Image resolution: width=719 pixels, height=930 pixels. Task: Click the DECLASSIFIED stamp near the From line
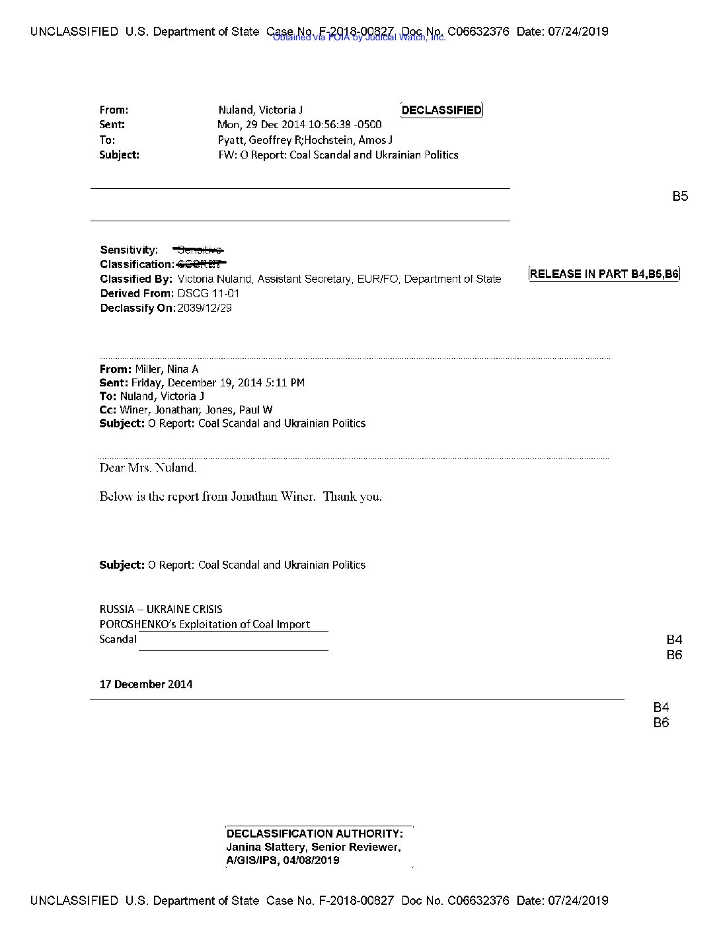coord(441,110)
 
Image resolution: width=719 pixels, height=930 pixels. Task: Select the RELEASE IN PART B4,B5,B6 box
coord(604,274)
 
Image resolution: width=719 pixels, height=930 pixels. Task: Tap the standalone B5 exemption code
coord(680,196)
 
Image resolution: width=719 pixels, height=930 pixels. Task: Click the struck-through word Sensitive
coord(199,250)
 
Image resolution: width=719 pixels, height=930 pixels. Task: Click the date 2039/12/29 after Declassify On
coord(205,308)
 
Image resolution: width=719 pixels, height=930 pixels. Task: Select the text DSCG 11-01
coord(208,294)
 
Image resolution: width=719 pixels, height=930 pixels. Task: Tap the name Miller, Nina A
coord(167,370)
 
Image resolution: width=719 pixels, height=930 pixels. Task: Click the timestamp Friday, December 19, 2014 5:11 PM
coord(218,383)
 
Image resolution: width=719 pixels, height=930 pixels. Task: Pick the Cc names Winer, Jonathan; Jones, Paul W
coord(196,410)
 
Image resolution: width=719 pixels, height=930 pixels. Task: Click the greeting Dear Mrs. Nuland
coord(148,468)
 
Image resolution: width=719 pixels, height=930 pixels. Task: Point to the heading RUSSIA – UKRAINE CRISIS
coord(161,610)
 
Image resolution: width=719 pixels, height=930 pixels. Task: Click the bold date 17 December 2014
coord(146,684)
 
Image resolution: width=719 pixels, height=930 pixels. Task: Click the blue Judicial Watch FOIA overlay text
coord(359,38)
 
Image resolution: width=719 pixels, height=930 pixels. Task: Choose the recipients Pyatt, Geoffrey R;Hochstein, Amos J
coord(305,140)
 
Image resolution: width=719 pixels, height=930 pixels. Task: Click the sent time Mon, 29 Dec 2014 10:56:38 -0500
coord(299,125)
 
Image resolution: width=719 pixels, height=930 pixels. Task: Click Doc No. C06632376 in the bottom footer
coord(455,901)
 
